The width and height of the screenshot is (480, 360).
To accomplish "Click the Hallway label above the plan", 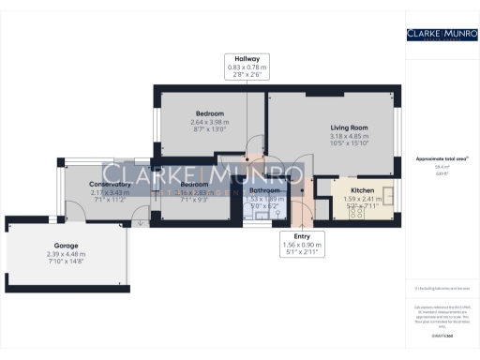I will [247, 58].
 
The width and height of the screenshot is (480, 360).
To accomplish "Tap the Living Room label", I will [348, 127].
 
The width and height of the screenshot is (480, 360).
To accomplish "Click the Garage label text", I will [66, 245].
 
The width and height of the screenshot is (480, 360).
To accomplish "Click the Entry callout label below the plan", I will [301, 235].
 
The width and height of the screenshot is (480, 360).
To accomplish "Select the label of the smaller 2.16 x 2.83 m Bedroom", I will [195, 184].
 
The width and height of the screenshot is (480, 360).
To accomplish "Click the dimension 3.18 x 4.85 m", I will [348, 136].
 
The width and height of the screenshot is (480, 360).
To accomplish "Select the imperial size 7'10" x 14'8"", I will [66, 262].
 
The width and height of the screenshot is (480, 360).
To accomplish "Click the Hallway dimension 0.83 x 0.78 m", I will [247, 67].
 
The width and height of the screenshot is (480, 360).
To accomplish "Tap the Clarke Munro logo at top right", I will [438, 35].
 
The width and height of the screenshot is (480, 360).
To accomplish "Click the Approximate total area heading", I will [437, 158].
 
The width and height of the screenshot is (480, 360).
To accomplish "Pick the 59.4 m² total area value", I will [437, 166].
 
